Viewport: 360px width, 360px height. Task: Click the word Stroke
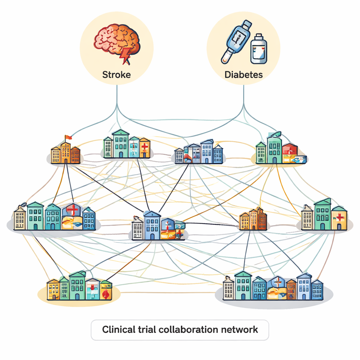[x=116, y=75]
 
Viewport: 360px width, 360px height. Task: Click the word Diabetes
[x=243, y=75]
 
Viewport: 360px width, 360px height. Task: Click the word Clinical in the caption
[x=117, y=329]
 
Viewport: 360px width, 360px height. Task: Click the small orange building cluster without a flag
[x=253, y=220]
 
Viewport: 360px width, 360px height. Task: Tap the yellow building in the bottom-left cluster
[x=53, y=290]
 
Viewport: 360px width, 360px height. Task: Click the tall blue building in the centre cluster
[x=152, y=226]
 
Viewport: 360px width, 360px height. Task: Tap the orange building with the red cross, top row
[x=144, y=148]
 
